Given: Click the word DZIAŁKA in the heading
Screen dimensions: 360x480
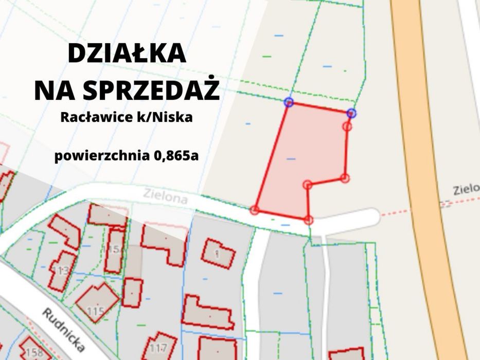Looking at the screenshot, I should click(127, 54).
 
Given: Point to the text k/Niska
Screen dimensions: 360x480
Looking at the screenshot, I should click(164, 117).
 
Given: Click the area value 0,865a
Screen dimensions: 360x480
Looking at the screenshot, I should click(173, 155).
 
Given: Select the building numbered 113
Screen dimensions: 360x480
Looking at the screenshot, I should click(62, 271).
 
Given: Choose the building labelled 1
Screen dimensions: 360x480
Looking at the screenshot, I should click(218, 253).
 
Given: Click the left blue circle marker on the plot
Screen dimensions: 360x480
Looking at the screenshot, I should click(289, 102).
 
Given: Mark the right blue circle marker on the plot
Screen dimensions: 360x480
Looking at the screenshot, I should click(351, 113).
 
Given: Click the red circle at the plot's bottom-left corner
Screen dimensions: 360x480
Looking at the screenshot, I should click(255, 210).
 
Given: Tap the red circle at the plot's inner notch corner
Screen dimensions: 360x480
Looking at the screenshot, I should click(307, 185).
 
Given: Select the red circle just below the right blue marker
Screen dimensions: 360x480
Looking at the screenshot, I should click(347, 127).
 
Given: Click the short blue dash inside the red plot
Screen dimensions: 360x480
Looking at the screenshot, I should click(291, 159).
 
